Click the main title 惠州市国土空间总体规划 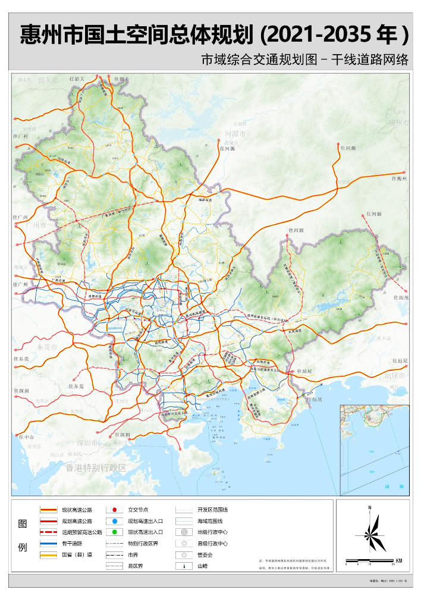[x=137, y=34]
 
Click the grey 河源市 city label [x=235, y=135]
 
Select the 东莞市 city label [x=46, y=347]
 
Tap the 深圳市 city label [x=86, y=443]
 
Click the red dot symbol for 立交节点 [x=114, y=510]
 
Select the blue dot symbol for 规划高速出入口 [x=114, y=521]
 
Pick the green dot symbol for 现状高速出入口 [x=114, y=532]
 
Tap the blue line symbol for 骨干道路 [x=48, y=544]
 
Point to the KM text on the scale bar [x=398, y=560]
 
